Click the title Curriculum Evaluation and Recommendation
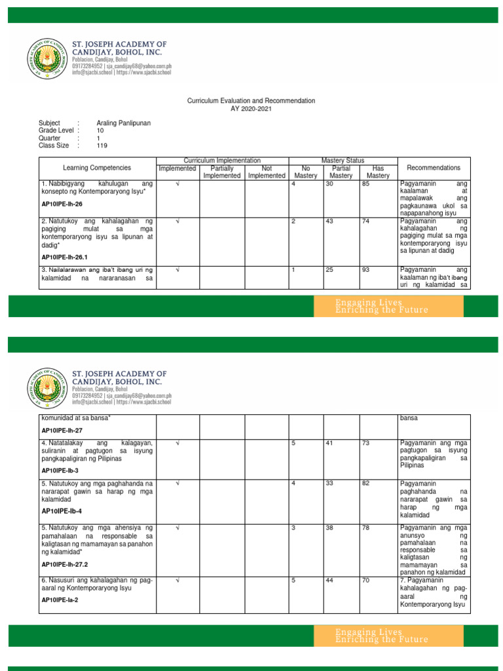[x=251, y=101]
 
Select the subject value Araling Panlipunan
[x=124, y=123]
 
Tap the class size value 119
[x=102, y=145]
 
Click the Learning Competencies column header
[x=97, y=168]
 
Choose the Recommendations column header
[x=433, y=168]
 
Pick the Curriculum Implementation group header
[x=222, y=161]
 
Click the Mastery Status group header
[x=343, y=161]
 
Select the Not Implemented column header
[x=267, y=172]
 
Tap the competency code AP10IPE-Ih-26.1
[x=66, y=258]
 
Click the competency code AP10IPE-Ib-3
[x=60, y=470]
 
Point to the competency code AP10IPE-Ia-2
[x=60, y=600]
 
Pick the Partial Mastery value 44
[x=329, y=581]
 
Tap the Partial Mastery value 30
[x=329, y=185]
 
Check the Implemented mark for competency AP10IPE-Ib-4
[x=177, y=484]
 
